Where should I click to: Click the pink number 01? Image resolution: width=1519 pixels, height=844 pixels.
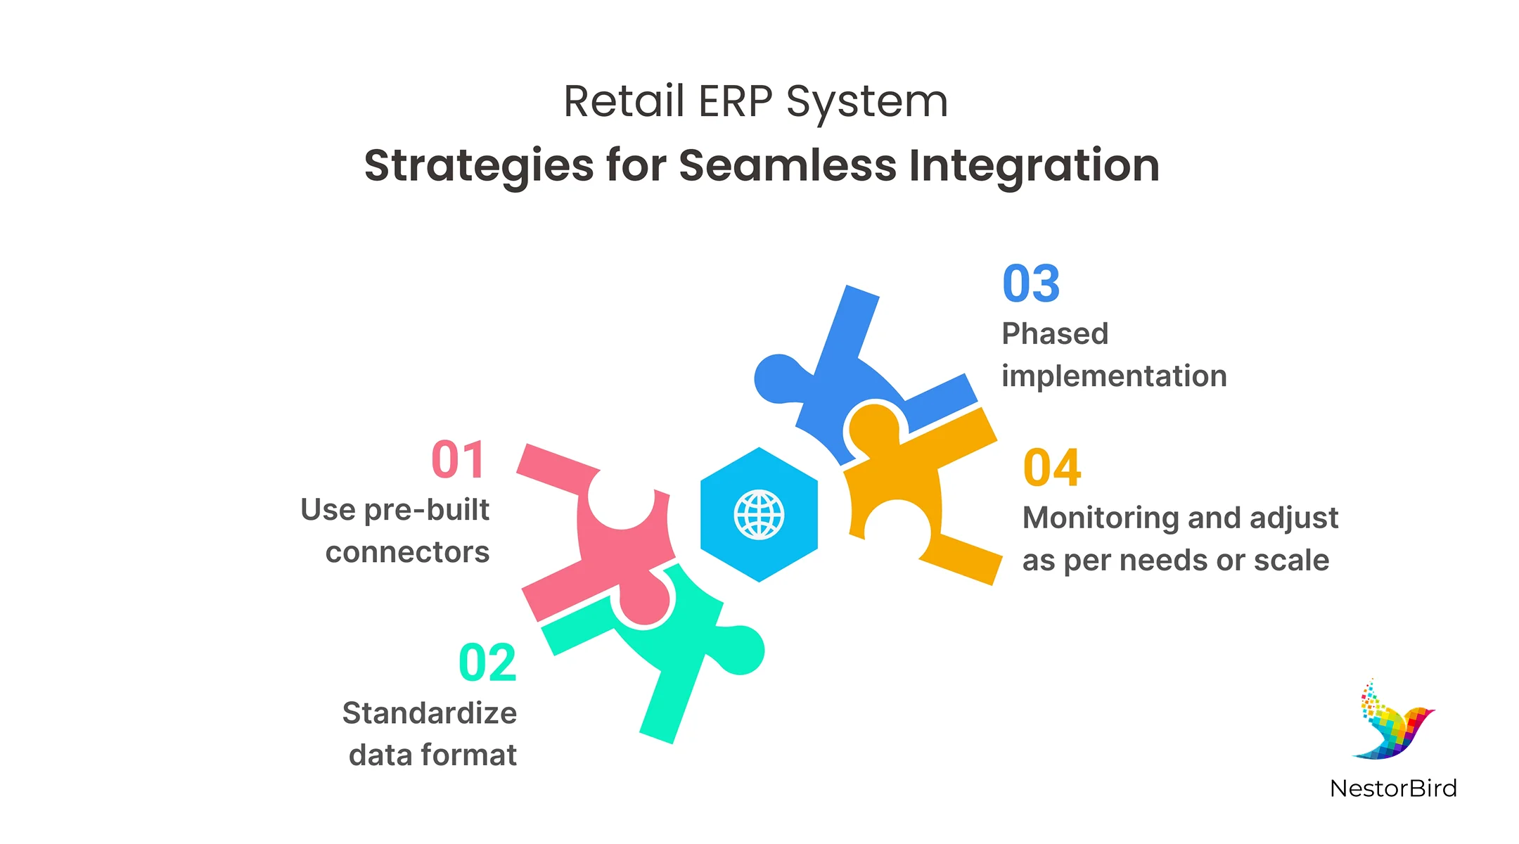point(458,461)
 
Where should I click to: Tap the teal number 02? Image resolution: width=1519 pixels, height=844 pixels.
point(487,663)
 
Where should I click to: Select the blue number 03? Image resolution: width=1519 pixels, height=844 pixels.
point(1031,284)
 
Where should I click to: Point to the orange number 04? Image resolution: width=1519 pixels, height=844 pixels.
point(1052,468)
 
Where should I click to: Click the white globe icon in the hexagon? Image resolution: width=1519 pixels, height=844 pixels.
point(759,516)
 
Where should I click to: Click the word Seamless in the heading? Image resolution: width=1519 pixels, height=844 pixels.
point(788,166)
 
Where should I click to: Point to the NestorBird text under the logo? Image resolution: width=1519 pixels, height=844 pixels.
point(1393,788)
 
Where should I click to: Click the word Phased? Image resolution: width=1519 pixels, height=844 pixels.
point(1055,334)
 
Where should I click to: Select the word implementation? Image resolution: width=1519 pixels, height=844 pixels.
point(1114,376)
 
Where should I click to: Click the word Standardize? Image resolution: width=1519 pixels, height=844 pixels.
point(430,713)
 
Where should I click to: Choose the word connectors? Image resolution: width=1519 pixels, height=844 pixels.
point(407,552)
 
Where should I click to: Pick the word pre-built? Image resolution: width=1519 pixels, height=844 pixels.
point(427,511)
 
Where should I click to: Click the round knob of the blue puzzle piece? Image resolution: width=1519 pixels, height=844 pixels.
point(776,379)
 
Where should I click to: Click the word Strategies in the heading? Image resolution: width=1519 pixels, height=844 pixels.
point(479,166)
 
